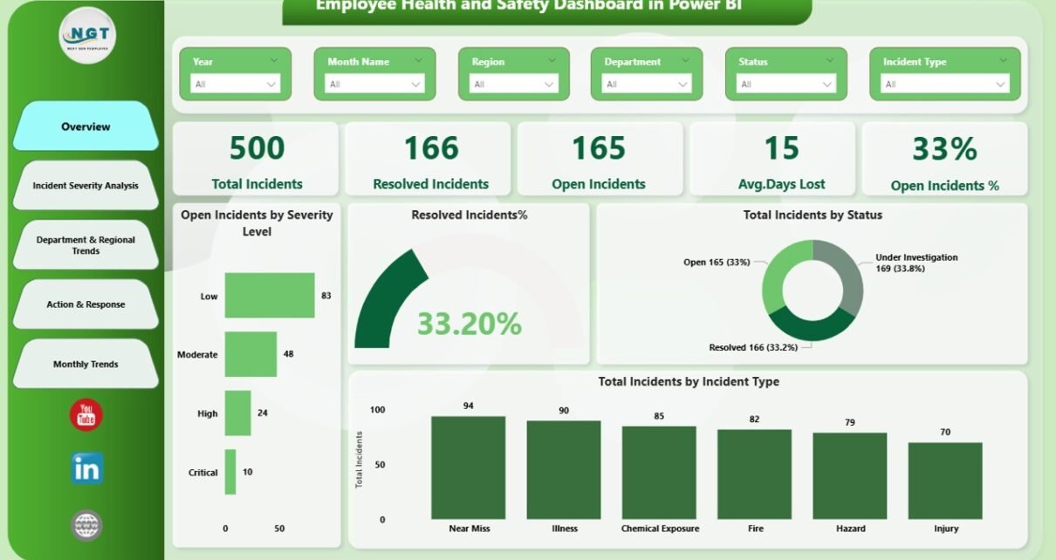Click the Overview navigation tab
pos(86,126)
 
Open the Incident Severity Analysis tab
pos(86,185)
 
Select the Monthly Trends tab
pos(86,364)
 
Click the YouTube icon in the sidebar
pos(86,415)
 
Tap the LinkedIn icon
pos(86,469)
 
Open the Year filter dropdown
pos(236,84)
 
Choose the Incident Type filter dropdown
pos(944,84)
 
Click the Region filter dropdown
pos(514,84)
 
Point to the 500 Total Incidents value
pos(257,148)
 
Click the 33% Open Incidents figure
pos(944,149)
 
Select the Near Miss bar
pos(469,468)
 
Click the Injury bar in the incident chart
pos(945,481)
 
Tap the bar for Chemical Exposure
pos(659,473)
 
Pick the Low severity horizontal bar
pos(269,296)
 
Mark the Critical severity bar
pos(230,472)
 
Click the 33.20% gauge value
pos(469,324)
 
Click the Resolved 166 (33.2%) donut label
pos(755,347)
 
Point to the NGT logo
pos(87,35)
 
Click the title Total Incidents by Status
pos(812,215)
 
